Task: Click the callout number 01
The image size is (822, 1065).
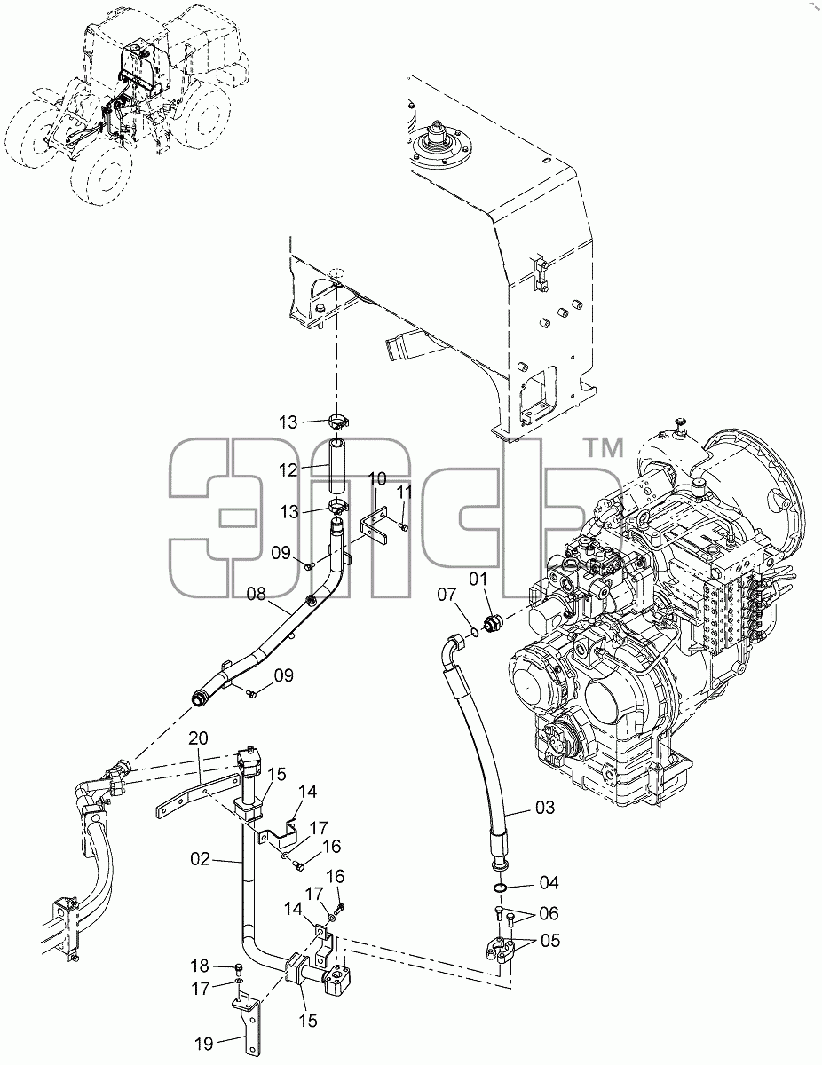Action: click(478, 579)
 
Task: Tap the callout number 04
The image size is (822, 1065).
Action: click(549, 883)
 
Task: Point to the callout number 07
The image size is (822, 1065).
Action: click(447, 595)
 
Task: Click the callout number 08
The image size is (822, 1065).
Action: click(256, 594)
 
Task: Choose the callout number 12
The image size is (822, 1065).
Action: click(288, 470)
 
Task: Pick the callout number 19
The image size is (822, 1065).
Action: click(204, 1044)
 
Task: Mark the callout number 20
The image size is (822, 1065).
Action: click(198, 738)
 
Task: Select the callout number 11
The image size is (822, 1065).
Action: click(405, 493)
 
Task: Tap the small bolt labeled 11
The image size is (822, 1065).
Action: click(404, 527)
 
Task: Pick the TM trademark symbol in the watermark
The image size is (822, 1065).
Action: click(605, 447)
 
